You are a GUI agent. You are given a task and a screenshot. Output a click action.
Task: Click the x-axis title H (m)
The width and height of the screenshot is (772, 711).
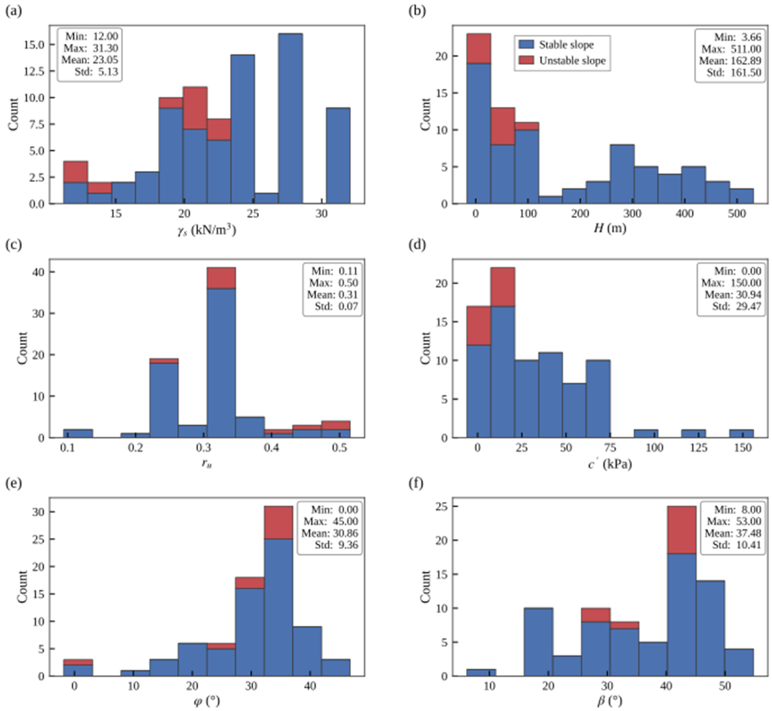(610, 228)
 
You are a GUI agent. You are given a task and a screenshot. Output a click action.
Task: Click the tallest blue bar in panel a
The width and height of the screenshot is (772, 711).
(290, 118)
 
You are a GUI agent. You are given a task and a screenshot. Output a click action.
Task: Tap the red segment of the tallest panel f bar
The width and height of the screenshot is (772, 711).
(682, 530)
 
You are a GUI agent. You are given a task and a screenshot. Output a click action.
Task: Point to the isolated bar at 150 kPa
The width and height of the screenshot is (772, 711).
(741, 434)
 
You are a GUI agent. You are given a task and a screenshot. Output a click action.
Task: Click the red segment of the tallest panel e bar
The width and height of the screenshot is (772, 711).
(279, 522)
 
